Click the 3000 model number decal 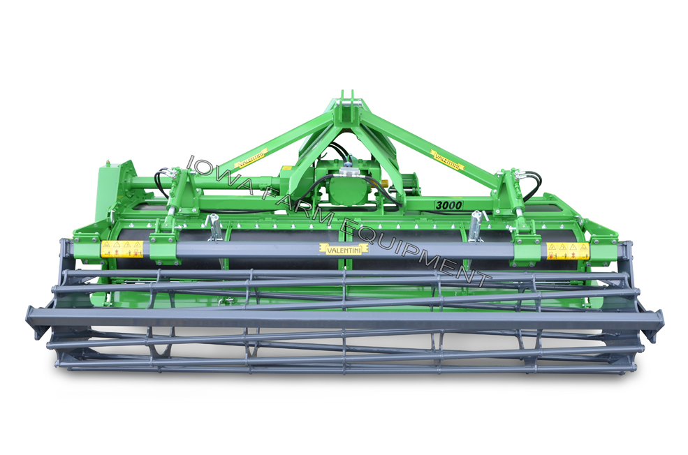tap(448, 205)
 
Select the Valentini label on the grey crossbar tap(344, 248)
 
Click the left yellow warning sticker tap(122, 248)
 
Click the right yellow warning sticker tap(567, 251)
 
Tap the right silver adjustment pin tap(476, 225)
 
